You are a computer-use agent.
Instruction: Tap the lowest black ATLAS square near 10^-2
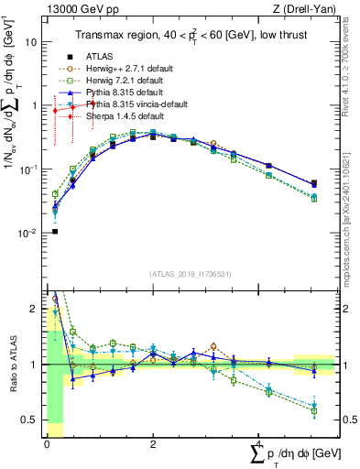click(55, 231)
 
